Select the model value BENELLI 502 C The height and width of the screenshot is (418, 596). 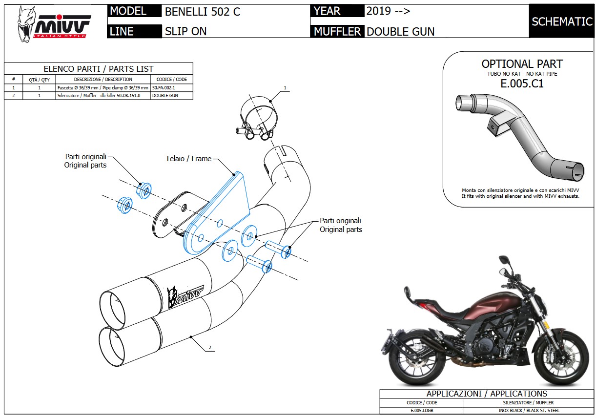[x=203, y=12]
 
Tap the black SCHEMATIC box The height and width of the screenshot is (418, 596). [x=561, y=21]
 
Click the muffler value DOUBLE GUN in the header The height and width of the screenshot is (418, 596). [x=400, y=32]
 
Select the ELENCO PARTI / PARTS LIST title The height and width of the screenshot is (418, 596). [x=98, y=69]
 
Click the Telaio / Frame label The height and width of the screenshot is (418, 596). [x=188, y=158]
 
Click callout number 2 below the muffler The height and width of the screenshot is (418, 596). [x=209, y=348]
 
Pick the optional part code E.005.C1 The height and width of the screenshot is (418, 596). [x=522, y=84]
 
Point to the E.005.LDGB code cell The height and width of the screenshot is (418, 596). [x=421, y=411]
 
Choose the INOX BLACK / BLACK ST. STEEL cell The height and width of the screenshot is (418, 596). [x=529, y=411]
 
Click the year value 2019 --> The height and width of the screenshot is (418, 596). [x=388, y=11]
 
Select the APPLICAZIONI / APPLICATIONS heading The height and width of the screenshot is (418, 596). [x=487, y=394]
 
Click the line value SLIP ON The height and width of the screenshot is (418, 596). [x=185, y=32]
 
